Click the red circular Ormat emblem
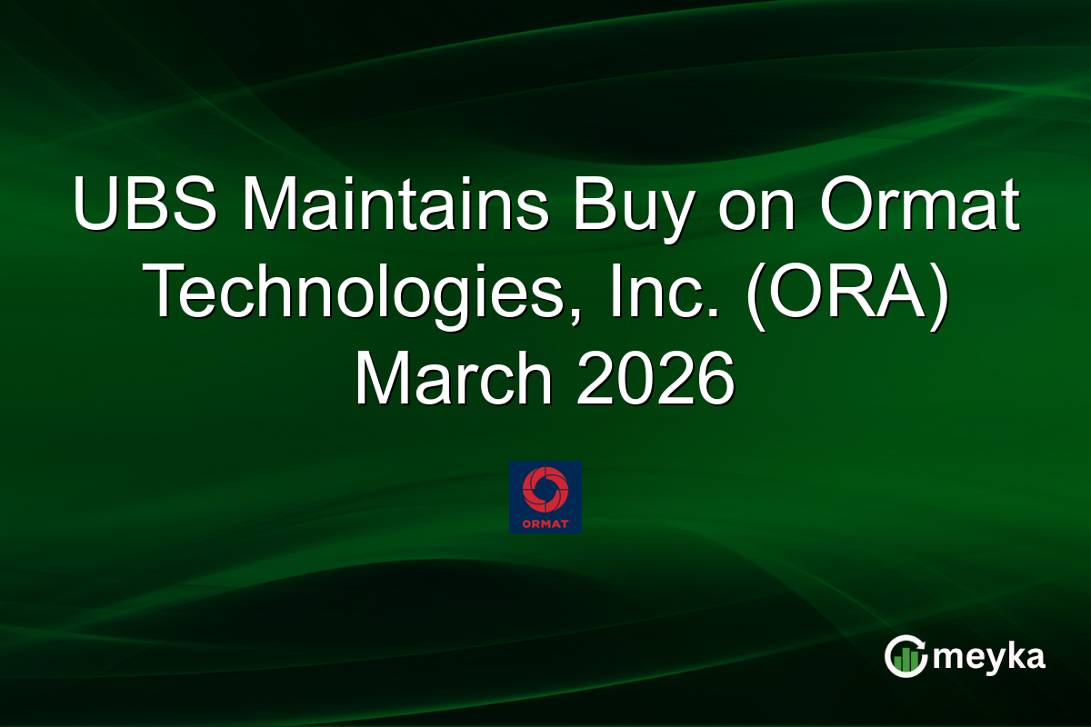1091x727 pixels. click(545, 489)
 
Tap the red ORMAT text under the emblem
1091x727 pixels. click(545, 523)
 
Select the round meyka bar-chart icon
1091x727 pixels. click(906, 656)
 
